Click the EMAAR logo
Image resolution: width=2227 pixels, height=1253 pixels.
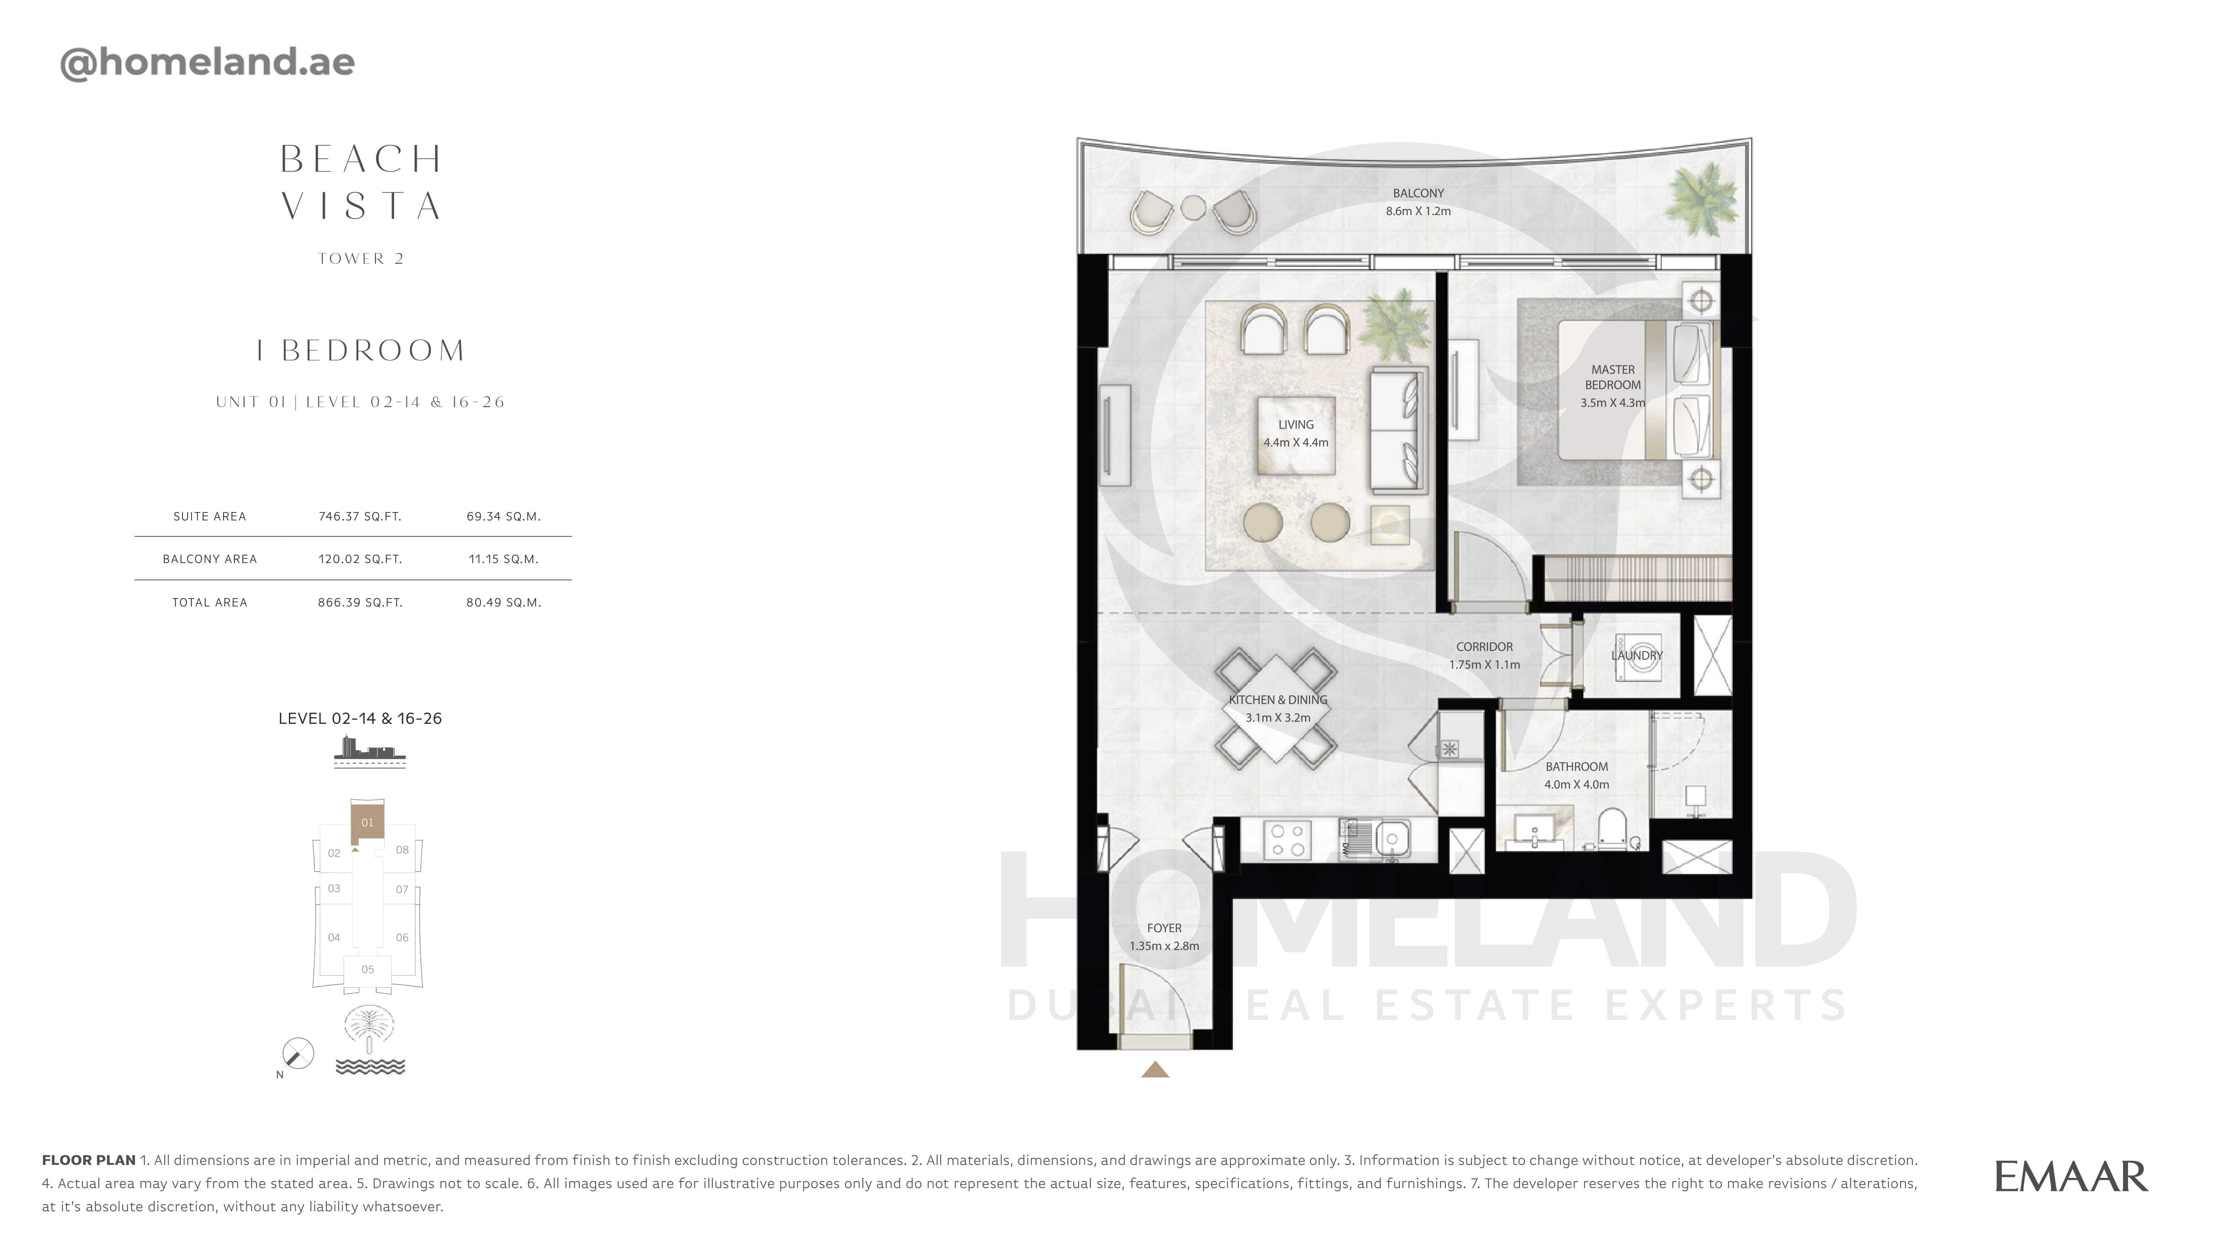[x=2070, y=1177]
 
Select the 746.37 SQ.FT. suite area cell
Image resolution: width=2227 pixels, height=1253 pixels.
[x=359, y=516]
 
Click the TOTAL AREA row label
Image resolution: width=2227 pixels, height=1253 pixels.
[x=210, y=603]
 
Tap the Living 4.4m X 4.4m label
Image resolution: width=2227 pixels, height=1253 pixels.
[x=1296, y=433]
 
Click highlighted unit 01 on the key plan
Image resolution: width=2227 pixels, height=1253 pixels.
[x=367, y=822]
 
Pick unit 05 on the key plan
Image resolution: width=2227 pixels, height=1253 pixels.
[x=367, y=969]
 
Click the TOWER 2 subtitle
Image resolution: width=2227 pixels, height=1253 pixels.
[x=362, y=259]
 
